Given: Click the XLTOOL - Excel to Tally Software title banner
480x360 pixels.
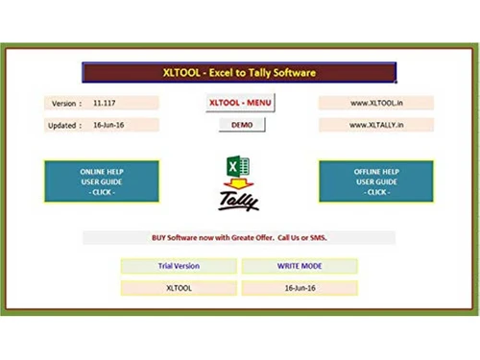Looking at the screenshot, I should pyautogui.click(x=239, y=72).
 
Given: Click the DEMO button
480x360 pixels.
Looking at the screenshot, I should pyautogui.click(x=240, y=125).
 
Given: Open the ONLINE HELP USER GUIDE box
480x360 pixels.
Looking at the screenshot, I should pyautogui.click(x=102, y=181).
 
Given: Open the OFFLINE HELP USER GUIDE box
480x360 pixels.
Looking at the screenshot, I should pyautogui.click(x=375, y=181).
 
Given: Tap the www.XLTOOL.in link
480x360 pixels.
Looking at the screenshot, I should pyautogui.click(x=375, y=102).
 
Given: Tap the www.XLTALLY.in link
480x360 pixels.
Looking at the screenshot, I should pyautogui.click(x=375, y=125).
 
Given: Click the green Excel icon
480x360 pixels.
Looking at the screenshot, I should pyautogui.click(x=235, y=167).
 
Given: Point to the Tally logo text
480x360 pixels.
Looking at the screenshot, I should pyautogui.click(x=238, y=201).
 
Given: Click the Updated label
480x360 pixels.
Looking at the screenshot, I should pyautogui.click(x=62, y=125).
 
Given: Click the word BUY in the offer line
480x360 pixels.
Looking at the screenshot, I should pyautogui.click(x=160, y=236).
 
